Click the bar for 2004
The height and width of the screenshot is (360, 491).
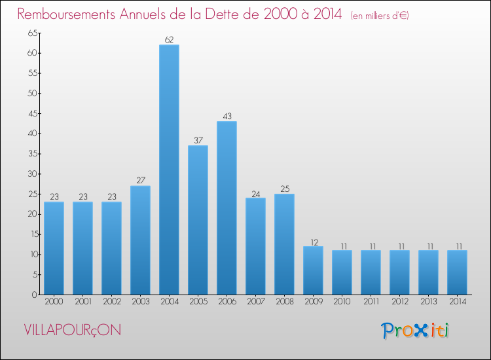pos(169,170)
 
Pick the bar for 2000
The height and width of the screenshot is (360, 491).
pos(54,248)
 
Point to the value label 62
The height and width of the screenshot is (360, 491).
pos(169,40)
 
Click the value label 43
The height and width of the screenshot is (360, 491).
pos(227,117)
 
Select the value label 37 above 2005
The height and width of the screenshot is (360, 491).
pos(198,141)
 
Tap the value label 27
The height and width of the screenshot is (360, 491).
pos(140,181)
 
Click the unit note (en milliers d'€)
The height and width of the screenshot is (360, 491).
pos(380,16)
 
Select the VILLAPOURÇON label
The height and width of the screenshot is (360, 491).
pos(72,330)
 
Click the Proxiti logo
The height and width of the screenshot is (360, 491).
pos(416,331)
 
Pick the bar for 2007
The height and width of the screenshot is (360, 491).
pos(255,246)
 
